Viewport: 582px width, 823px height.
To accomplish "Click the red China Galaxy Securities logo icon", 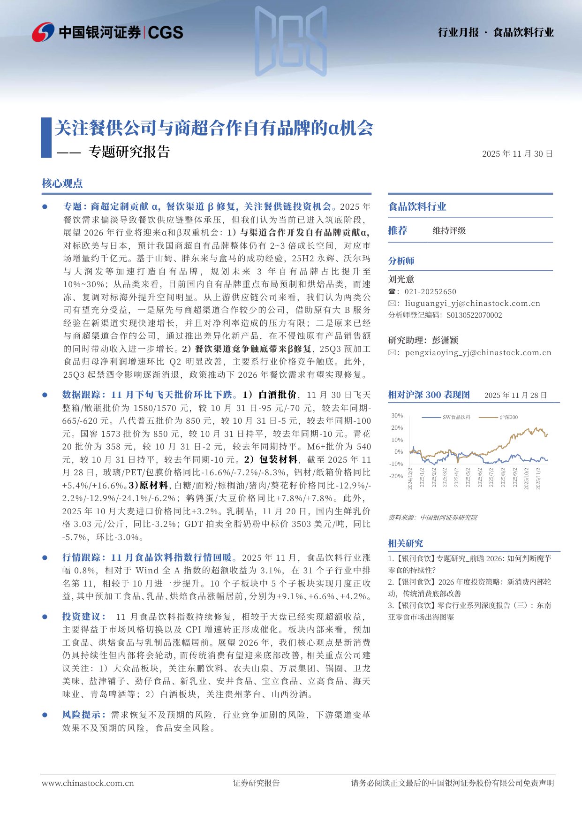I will pos(43,32).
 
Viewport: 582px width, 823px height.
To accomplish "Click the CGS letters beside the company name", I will pos(166,32).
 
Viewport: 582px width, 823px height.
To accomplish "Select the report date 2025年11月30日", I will pos(517,154).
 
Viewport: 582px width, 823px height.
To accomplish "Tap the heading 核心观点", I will pos(62,183).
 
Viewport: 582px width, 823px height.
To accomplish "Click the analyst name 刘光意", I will pos(401,279).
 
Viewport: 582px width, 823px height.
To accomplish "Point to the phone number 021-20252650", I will pos(431,292).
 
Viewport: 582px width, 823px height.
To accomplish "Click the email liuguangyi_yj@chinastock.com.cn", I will pos(472,304).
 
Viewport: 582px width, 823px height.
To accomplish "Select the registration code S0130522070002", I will pos(474,315).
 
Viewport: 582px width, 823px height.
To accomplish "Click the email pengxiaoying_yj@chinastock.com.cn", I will pos(478,353).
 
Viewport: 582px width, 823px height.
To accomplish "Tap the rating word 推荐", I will pos(398,230).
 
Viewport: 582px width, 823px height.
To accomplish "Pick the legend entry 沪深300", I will pos(508,417).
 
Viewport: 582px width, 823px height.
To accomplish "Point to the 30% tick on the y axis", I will pos(397,416).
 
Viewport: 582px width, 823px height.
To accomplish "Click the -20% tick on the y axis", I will pos(396,476).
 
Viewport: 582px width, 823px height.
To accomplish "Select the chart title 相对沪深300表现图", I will pos(429,395).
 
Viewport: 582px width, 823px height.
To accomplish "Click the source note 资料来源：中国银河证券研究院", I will pos(432,518).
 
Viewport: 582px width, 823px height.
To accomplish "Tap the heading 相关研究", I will pos(405,543).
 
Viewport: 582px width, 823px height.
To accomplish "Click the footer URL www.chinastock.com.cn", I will pos(88,783).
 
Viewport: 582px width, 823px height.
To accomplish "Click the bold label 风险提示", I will pos(84,715).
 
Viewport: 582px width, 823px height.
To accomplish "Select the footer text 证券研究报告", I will pos(256,783).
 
